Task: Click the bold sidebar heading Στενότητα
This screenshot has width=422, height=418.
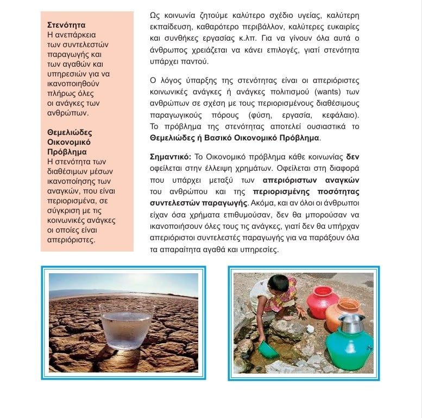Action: (x=66, y=25)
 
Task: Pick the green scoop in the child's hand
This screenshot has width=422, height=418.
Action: (x=268, y=349)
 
